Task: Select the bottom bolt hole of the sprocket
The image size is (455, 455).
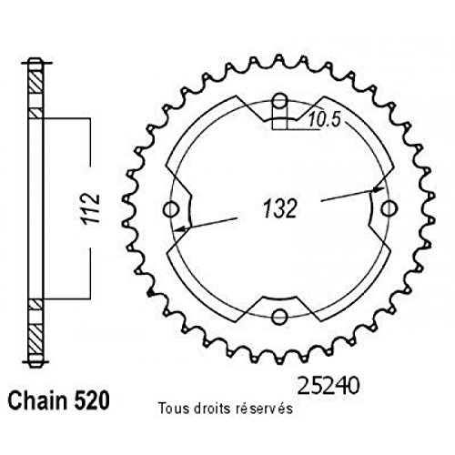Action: tap(280, 317)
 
